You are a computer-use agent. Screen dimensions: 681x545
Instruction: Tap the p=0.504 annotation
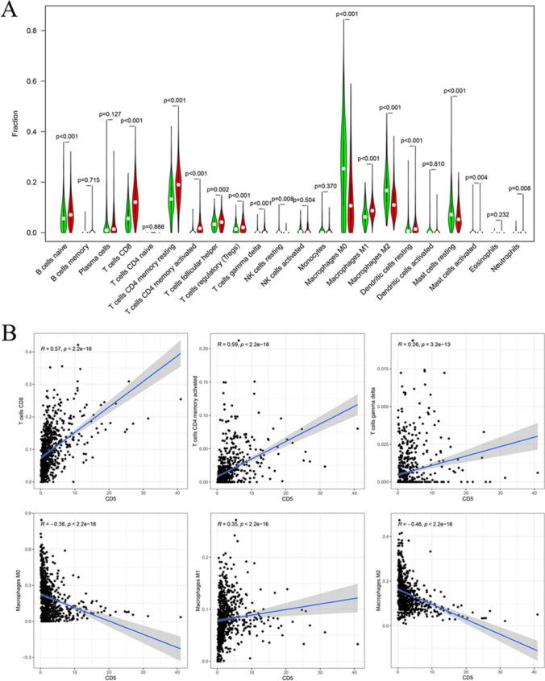(303, 200)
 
